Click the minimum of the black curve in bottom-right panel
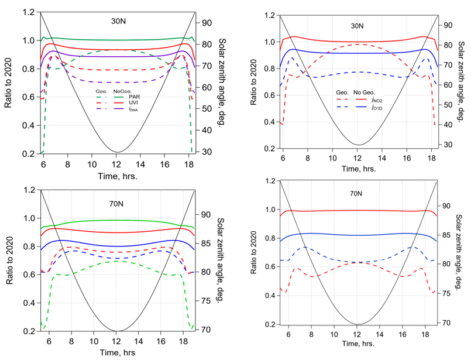(358, 324)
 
